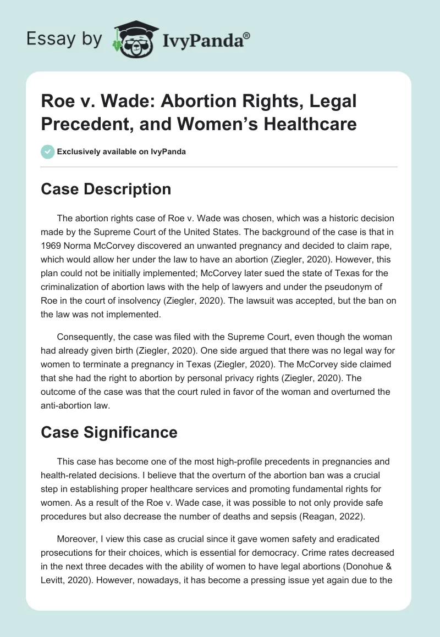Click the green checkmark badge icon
(48, 152)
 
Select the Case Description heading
(106, 189)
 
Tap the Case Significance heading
(109, 432)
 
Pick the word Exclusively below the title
(80, 152)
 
